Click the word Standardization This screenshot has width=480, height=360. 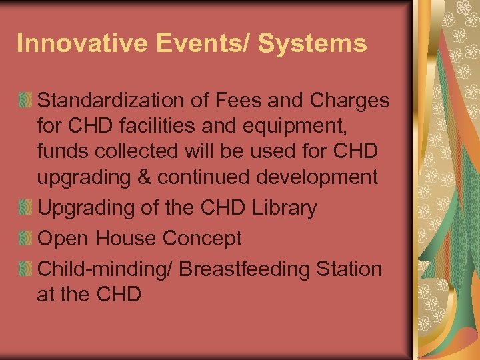point(123,101)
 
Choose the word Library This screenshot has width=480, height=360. point(285,208)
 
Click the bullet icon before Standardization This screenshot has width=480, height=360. point(25,101)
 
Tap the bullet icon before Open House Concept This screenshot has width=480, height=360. point(25,239)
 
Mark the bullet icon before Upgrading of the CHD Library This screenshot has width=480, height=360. point(25,208)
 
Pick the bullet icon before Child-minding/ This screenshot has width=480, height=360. point(25,269)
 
